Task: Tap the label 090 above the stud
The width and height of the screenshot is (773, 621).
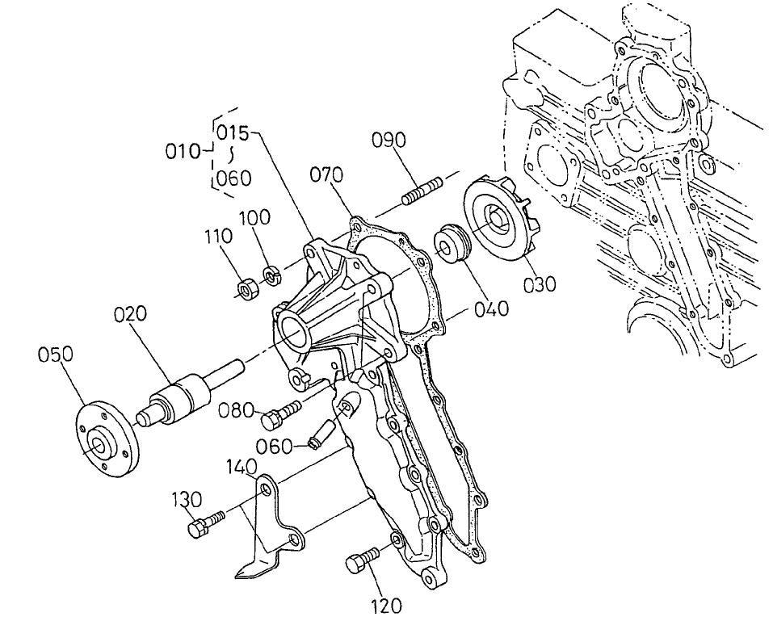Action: tap(389, 140)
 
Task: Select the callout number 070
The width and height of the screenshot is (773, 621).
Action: tap(326, 174)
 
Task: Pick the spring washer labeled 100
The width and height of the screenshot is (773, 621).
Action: tap(272, 275)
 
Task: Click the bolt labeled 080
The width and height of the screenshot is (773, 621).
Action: tap(278, 415)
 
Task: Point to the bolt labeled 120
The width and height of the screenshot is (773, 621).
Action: tap(362, 560)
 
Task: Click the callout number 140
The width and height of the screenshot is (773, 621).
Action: tap(242, 467)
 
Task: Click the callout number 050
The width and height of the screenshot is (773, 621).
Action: tap(56, 355)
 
